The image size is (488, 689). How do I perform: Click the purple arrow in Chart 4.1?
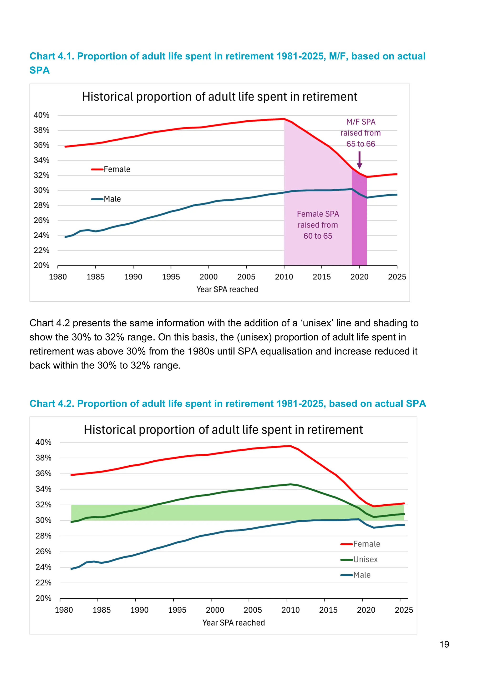359,160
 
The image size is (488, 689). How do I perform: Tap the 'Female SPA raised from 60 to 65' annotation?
318,225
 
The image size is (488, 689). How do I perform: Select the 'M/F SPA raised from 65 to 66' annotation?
361,133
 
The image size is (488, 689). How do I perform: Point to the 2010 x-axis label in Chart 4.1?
284,277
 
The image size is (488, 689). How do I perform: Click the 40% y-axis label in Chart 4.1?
41,115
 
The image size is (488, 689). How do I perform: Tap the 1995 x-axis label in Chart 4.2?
177,610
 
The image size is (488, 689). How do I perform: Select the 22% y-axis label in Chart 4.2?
43,582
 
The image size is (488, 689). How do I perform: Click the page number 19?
444,644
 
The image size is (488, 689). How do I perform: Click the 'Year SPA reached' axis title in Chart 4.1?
227,289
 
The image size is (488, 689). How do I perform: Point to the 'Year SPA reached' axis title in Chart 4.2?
234,623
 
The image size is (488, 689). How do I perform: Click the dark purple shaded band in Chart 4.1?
359,228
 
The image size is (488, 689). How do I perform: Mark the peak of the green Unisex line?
290,484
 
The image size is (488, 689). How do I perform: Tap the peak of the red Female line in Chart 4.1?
284,119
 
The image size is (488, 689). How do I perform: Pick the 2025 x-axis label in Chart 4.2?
404,610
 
